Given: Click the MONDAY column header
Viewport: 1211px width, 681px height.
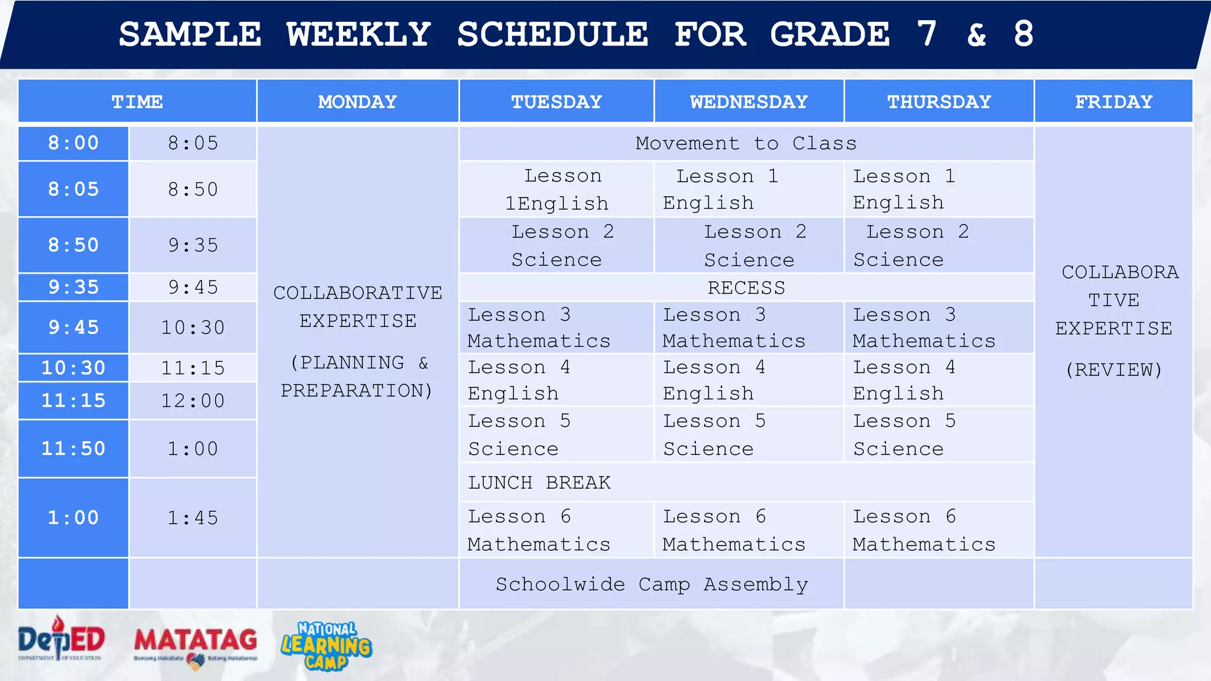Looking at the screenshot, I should coord(357,102).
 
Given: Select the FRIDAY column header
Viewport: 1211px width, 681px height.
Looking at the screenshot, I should coord(1113,102).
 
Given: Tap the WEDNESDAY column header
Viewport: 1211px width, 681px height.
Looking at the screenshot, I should coord(749,102).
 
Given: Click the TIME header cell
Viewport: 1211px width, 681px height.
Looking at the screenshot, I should coord(137,102).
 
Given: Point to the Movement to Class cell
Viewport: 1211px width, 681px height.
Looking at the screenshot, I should coord(746,144).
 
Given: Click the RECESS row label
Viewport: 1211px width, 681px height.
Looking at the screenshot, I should coord(746,288).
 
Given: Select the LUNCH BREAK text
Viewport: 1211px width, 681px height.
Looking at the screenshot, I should coord(539,482).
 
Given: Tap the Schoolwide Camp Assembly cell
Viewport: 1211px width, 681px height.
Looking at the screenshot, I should coord(652,584).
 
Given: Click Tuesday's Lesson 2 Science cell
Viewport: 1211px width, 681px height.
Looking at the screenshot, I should coord(556,245).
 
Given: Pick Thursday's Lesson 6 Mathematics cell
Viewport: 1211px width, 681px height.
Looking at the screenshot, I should coord(924,530).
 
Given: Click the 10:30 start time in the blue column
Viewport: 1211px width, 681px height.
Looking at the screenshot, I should coord(73,368).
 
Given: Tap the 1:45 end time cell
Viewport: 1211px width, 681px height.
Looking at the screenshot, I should coord(193,518).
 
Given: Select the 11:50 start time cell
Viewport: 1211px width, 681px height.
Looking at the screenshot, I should coord(73,449).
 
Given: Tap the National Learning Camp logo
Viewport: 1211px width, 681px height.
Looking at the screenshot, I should coord(326,646).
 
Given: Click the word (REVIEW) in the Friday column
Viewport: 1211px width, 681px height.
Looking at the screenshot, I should coord(1113,370).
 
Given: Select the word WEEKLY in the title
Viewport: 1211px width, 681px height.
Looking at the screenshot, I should coord(358,34).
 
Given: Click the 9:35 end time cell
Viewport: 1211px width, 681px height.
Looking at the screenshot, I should coord(193,245).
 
